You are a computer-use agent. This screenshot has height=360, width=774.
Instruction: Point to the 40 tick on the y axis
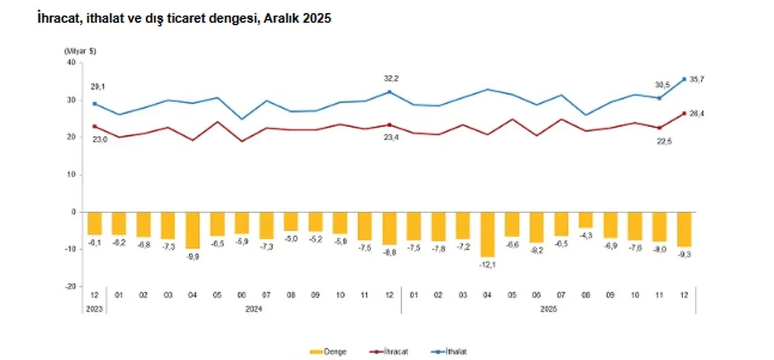pos(70,62)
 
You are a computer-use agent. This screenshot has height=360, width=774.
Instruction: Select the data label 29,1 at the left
pos(94,87)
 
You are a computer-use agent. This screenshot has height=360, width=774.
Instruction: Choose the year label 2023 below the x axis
pos(94,308)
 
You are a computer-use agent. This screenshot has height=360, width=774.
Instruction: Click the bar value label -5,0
pos(290,239)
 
